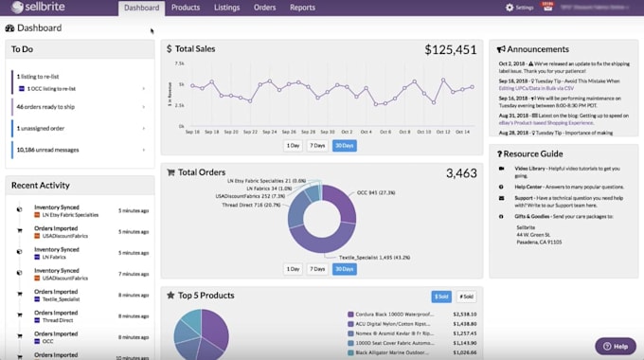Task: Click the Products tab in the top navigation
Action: [186, 8]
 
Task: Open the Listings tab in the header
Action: [226, 8]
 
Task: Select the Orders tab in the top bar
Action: [265, 8]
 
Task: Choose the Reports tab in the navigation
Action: [303, 8]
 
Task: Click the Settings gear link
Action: [520, 8]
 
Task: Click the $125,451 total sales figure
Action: [450, 49]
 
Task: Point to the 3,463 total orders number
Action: [461, 173]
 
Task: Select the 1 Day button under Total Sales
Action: [293, 146]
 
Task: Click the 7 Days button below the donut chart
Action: [317, 269]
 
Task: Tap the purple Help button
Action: [616, 345]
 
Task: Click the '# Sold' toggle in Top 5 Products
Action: [466, 297]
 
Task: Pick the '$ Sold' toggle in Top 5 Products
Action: [441, 297]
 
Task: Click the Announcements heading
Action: [537, 48]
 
